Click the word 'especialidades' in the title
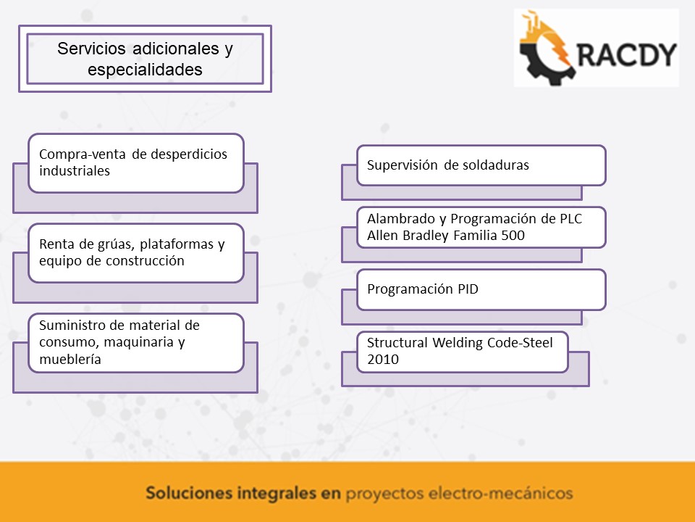[x=145, y=70]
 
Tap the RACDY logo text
[x=627, y=54]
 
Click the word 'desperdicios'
[x=189, y=154]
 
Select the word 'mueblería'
[x=70, y=359]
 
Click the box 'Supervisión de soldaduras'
[x=481, y=165]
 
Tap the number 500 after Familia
[x=513, y=235]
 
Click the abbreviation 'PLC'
[x=571, y=219]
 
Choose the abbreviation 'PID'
[x=468, y=289]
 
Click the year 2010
[x=382, y=359]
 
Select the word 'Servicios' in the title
[x=91, y=49]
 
